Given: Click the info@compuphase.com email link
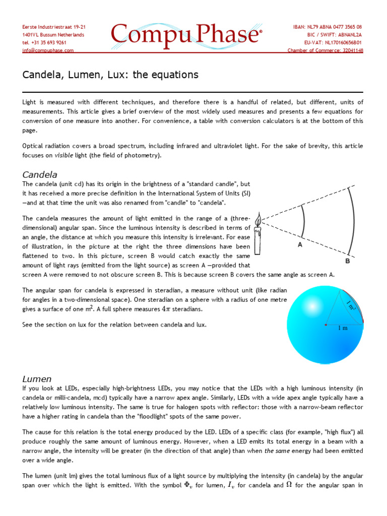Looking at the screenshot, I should pyautogui.click(x=48, y=50).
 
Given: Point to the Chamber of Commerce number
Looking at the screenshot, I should pyautogui.click(x=325, y=50).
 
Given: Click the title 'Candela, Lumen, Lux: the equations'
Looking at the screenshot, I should pyautogui.click(x=110, y=75).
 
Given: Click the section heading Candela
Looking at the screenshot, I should pyautogui.click(x=40, y=174).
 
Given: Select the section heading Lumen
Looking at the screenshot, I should pyautogui.click(x=37, y=378).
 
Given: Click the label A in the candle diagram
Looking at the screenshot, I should pyautogui.click(x=300, y=245).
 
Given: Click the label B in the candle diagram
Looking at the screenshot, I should pyautogui.click(x=347, y=262).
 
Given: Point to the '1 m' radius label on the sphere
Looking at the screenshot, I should pyautogui.click(x=343, y=328).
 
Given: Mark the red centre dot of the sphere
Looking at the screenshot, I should pyautogui.click(x=325, y=324).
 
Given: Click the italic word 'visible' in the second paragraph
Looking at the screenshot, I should pyautogui.click(x=64, y=155).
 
